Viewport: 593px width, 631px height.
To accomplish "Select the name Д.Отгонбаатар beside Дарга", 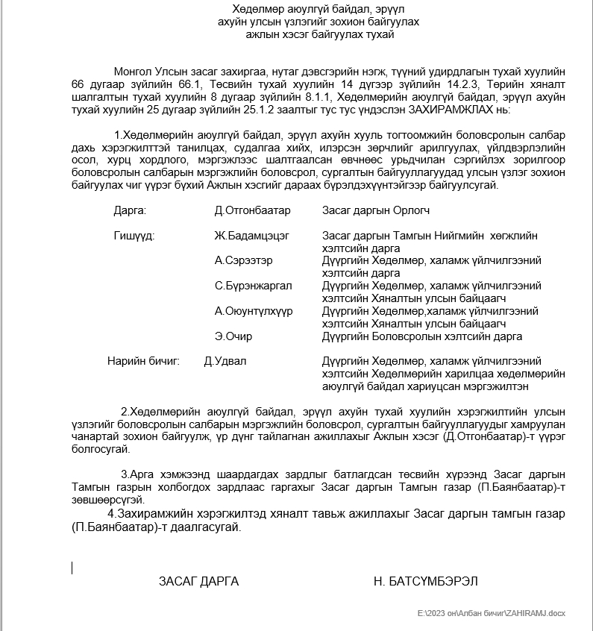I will tap(252, 210).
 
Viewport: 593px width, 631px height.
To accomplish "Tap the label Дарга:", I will tap(130, 210).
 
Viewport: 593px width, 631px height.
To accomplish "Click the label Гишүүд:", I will tap(134, 236).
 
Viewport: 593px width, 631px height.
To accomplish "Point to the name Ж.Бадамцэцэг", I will tap(251, 236).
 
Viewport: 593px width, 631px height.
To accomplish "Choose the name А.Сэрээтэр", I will tap(243, 260).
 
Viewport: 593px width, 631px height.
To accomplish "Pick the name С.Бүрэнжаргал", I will tap(253, 286).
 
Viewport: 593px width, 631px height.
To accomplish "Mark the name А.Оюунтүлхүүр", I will tap(254, 311).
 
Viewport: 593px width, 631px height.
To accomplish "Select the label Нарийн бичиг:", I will tap(144, 362).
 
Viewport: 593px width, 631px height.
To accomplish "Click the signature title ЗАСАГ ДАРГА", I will tap(198, 581).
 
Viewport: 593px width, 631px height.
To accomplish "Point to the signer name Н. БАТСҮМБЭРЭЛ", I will tap(425, 581).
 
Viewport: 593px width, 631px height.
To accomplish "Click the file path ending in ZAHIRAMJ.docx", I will tap(492, 613).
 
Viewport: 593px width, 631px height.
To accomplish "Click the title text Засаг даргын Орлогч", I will tap(375, 210).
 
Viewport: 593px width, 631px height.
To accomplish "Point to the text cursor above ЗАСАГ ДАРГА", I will tap(72, 568).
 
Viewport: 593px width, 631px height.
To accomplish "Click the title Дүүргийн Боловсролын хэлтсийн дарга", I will tap(421, 336).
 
